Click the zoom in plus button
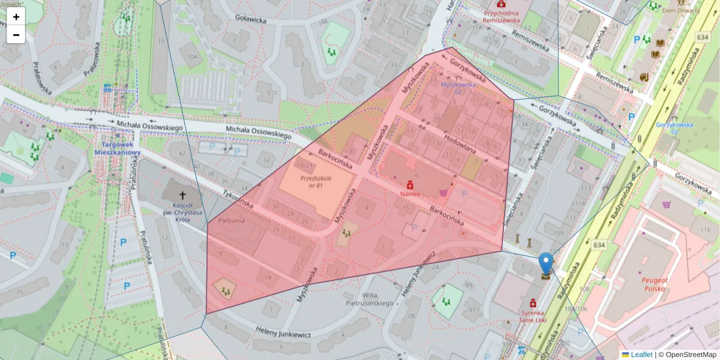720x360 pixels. point(16,17)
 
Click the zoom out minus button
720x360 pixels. point(16,35)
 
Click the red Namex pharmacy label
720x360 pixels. point(410,194)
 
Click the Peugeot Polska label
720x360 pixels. point(647,284)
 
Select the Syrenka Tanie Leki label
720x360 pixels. point(532,316)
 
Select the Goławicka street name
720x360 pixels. point(251,20)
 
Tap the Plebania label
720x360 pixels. point(231,221)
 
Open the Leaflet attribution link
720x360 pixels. point(641,355)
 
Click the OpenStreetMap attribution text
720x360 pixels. point(687,355)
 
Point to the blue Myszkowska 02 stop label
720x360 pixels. point(458,88)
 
